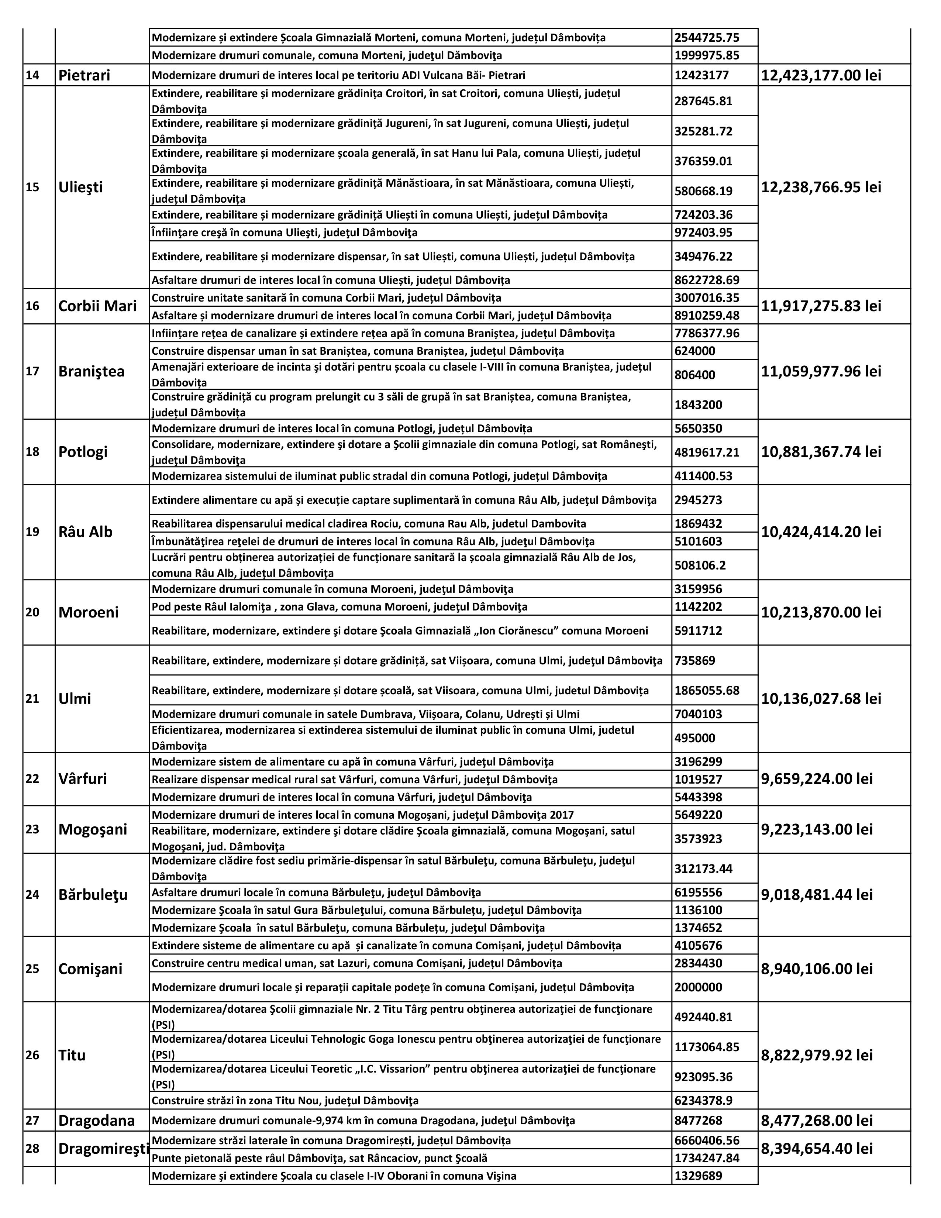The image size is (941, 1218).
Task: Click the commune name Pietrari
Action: click(x=84, y=75)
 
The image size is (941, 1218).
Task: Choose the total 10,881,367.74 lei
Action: click(x=821, y=452)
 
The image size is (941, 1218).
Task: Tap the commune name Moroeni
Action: click(x=89, y=612)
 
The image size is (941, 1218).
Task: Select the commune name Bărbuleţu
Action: click(x=93, y=895)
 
